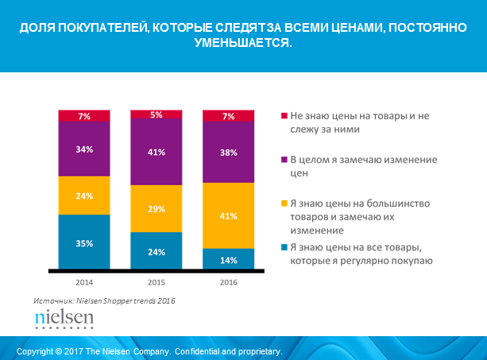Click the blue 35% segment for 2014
[x=84, y=242]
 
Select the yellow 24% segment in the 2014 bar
[x=84, y=195]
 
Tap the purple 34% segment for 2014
[x=84, y=149]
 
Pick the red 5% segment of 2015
[x=157, y=114]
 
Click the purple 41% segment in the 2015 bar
[x=157, y=152]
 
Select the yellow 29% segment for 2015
[x=157, y=208]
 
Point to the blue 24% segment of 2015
[x=157, y=251]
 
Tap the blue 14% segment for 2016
[x=229, y=259]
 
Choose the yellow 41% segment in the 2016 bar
[x=229, y=215]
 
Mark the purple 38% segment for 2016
[x=229, y=153]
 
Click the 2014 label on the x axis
[x=84, y=282]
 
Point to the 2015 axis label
[x=157, y=282]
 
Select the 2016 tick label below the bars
[x=229, y=282]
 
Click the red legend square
[x=284, y=115]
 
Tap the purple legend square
[x=284, y=160]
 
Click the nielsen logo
[x=64, y=319]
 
